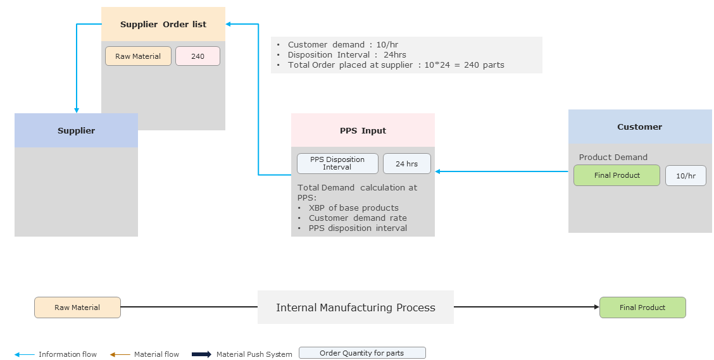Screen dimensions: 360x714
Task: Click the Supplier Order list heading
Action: click(163, 25)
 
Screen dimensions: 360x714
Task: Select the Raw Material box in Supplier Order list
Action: click(138, 56)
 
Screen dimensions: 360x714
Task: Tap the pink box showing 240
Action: click(197, 56)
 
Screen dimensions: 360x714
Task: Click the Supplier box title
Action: click(76, 131)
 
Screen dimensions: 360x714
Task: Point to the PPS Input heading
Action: click(363, 131)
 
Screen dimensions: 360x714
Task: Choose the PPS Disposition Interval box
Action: click(337, 163)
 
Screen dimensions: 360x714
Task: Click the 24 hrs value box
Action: click(406, 164)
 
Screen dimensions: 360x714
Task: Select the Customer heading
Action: click(639, 127)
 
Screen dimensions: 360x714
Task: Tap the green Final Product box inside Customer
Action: click(617, 175)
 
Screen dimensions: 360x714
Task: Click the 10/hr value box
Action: click(686, 176)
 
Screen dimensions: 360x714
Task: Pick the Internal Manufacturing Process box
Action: click(355, 307)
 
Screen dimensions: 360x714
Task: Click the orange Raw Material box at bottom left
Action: click(77, 307)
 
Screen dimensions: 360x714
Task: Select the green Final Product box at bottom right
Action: click(642, 307)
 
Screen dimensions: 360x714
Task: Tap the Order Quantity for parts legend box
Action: click(362, 353)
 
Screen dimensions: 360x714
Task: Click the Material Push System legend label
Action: click(254, 354)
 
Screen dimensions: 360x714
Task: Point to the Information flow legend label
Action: click(68, 354)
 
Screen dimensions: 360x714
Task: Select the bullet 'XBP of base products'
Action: click(353, 208)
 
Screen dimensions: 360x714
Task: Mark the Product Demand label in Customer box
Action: click(613, 158)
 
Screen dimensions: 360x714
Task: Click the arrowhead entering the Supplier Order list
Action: click(229, 25)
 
